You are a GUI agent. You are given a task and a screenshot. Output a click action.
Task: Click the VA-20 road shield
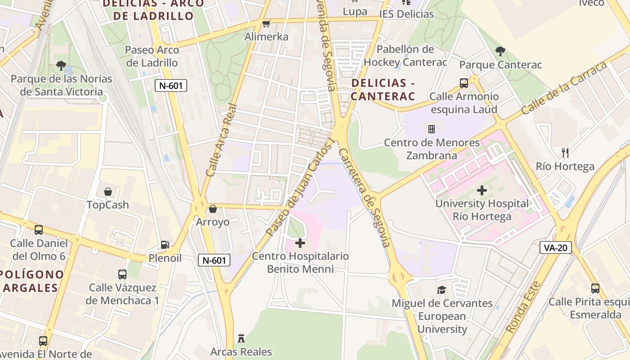tap(555, 247)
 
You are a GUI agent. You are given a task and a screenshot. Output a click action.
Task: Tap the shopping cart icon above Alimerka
tap(266, 23)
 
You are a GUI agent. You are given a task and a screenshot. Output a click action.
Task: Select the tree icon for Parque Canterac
tap(500, 51)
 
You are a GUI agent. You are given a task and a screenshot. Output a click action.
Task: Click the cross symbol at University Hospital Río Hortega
tap(482, 190)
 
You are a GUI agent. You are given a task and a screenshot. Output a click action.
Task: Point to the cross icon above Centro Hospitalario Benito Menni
tap(300, 243)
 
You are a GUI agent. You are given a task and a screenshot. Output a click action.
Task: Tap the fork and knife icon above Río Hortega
tap(565, 153)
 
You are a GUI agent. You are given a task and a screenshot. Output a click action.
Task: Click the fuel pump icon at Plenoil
tap(165, 245)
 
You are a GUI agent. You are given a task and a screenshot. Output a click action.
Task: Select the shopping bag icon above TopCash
tap(108, 192)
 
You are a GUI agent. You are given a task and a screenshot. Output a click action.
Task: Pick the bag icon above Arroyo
tap(213, 209)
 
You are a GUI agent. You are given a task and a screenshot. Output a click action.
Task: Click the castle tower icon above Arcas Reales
tap(241, 338)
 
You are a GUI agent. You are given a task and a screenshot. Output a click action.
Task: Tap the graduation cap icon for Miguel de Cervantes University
tap(442, 290)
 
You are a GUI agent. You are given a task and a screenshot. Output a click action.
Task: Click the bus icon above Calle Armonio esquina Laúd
tap(464, 83)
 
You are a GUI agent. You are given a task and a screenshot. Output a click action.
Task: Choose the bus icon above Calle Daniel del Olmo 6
tap(39, 230)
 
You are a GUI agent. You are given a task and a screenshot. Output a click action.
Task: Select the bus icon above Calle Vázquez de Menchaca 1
tap(122, 274)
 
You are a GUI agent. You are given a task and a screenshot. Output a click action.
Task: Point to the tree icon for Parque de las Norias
tap(61, 66)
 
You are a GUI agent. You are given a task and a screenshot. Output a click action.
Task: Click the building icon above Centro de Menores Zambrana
tap(432, 130)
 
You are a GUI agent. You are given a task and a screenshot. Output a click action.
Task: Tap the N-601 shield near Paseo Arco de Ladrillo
tap(171, 85)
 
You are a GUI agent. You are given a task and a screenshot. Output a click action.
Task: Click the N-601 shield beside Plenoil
tap(214, 260)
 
